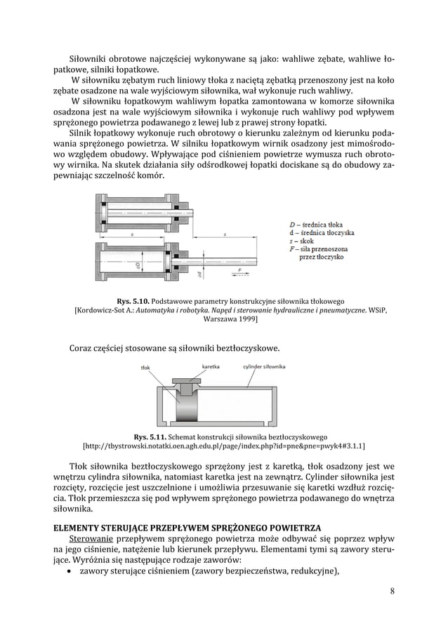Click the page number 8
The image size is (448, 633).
[x=393, y=590]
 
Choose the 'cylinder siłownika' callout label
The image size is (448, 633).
[x=264, y=366]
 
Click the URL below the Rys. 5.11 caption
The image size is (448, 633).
[x=224, y=446]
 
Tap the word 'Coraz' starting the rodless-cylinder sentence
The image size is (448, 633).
[x=82, y=348]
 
